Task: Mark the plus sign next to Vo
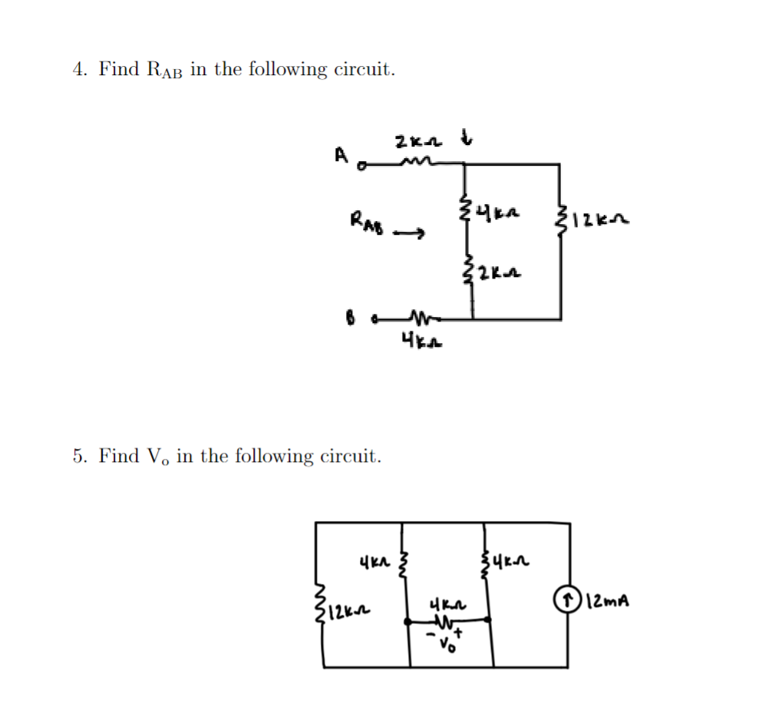458,634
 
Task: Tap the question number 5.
78,457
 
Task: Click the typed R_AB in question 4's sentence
163,70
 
